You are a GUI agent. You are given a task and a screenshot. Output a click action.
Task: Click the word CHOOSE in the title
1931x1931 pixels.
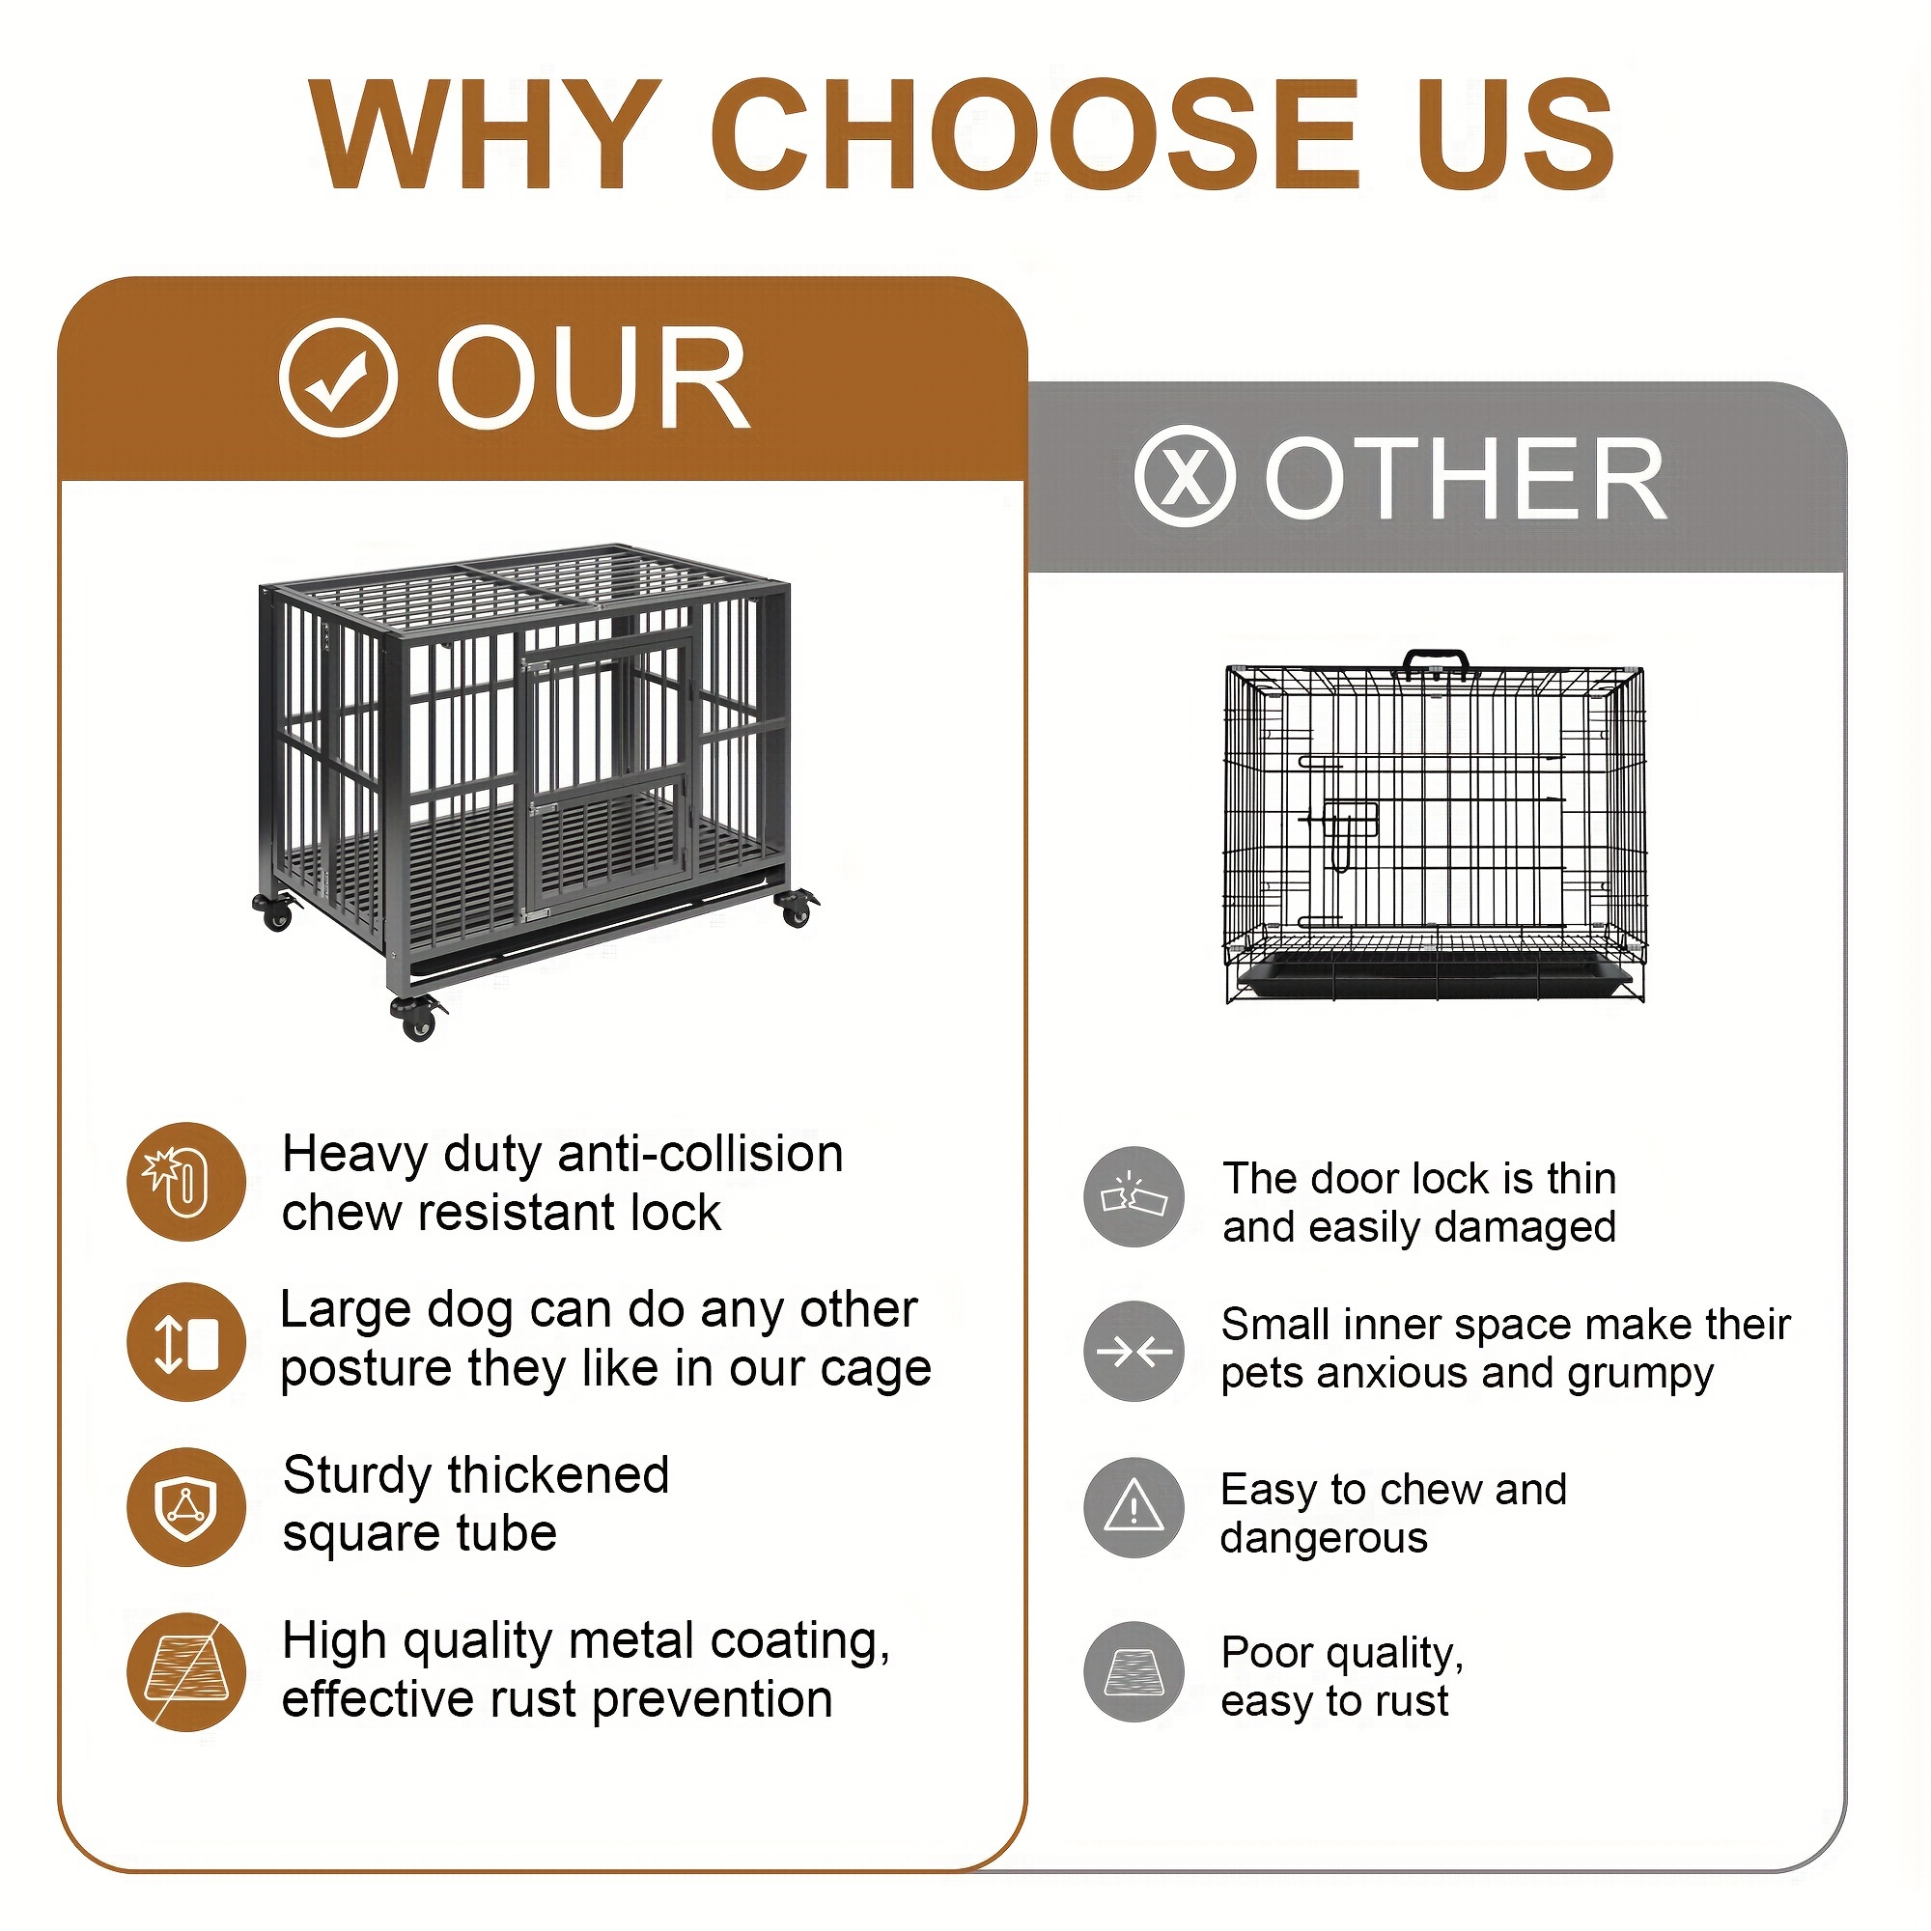click(1033, 134)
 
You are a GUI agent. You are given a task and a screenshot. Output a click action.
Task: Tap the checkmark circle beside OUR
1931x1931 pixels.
click(338, 378)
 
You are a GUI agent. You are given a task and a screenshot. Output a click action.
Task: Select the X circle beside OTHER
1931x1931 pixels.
click(1185, 476)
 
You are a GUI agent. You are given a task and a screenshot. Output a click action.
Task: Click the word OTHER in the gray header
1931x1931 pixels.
click(1466, 481)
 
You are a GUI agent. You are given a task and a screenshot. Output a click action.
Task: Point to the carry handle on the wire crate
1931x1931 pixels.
click(1436, 661)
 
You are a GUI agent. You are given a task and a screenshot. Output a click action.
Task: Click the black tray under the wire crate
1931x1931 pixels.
click(1433, 976)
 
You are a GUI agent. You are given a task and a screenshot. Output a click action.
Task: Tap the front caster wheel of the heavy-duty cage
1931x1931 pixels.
click(418, 1018)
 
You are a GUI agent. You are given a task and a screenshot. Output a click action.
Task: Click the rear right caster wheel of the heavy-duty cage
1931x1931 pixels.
click(796, 909)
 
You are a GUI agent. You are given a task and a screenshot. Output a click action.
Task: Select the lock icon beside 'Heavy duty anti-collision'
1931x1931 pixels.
click(186, 1182)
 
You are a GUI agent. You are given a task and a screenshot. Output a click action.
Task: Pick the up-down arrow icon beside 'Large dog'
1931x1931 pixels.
click(186, 1341)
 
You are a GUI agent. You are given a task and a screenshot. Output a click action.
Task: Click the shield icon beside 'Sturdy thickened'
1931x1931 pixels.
click(186, 1506)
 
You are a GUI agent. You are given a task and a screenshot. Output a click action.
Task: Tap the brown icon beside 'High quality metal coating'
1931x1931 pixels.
click(186, 1671)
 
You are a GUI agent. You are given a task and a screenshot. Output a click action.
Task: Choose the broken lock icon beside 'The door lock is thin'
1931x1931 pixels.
click(1133, 1196)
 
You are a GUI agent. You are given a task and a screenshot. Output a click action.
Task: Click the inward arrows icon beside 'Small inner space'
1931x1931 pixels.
click(1133, 1352)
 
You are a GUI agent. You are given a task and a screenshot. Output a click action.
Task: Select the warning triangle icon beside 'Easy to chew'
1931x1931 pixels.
click(1133, 1507)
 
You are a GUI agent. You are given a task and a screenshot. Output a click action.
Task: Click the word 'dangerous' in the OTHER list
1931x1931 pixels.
click(1324, 1537)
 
